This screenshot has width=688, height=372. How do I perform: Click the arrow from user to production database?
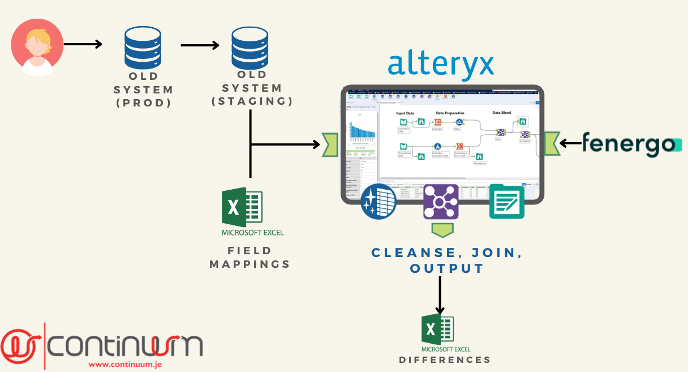(83, 44)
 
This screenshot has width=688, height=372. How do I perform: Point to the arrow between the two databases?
(200, 45)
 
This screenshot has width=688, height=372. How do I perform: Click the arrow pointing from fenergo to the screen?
(571, 143)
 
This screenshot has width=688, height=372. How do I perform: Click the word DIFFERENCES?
(445, 360)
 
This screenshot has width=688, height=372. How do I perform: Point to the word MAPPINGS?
(250, 264)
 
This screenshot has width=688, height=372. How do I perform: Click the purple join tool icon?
(441, 202)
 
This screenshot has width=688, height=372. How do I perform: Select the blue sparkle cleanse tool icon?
(379, 201)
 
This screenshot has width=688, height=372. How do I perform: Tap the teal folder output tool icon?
(506, 202)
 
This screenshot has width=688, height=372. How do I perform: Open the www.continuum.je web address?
(125, 364)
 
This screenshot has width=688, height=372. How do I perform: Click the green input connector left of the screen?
(329, 144)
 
